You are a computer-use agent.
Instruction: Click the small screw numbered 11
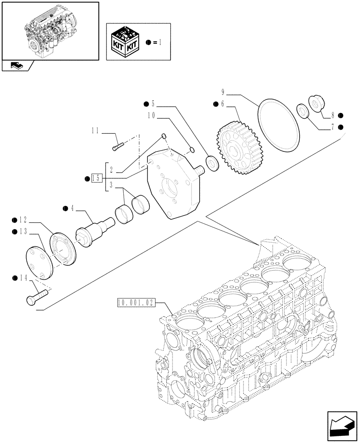point(117,145)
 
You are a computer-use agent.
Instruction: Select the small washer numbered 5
point(212,163)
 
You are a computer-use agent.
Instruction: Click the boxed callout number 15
point(97,179)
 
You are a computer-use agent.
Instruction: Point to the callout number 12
point(23,220)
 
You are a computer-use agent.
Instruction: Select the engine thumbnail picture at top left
point(50,30)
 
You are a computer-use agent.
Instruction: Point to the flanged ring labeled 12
point(64,250)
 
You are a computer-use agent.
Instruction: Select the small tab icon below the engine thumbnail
point(17,66)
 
